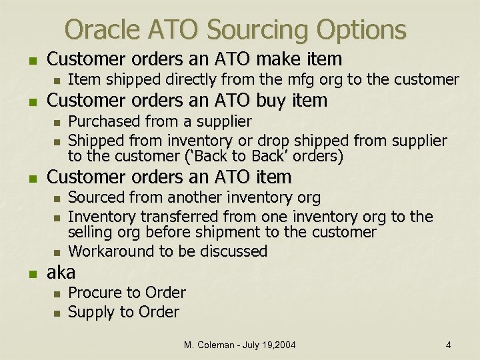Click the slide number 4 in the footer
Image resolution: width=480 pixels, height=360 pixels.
coord(449,345)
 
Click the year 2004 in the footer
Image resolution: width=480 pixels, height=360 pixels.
coord(283,345)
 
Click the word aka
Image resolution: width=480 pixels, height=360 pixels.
coord(61,272)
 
